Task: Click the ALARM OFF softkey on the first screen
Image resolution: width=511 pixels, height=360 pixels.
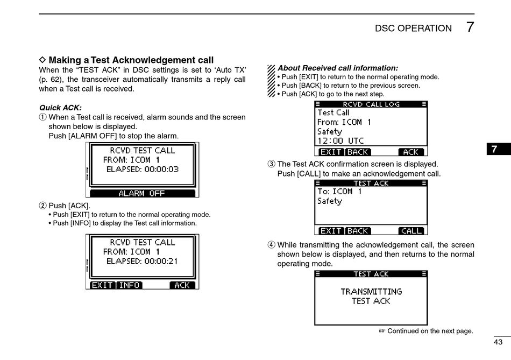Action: (x=142, y=193)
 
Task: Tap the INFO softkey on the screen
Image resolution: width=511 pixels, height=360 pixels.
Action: (x=129, y=285)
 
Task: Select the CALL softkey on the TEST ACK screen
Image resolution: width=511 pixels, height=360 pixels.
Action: (x=411, y=231)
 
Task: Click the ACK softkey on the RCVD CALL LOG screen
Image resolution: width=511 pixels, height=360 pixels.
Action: (x=411, y=152)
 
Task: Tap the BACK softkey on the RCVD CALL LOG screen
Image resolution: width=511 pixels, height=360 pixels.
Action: (x=358, y=152)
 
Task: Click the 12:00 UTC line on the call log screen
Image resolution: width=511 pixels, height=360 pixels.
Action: (x=340, y=141)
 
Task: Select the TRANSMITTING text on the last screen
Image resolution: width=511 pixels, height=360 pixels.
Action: (x=371, y=292)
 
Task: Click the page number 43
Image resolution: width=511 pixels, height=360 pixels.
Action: (x=498, y=342)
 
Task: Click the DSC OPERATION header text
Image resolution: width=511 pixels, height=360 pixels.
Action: (x=413, y=29)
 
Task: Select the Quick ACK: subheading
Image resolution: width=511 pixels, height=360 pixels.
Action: (x=60, y=108)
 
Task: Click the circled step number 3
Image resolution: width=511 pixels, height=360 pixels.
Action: (x=272, y=164)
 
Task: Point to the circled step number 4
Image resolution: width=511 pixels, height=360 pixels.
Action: (x=272, y=245)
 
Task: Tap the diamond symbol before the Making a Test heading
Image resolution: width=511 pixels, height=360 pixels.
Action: (x=43, y=60)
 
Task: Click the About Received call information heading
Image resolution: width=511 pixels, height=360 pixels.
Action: (x=338, y=68)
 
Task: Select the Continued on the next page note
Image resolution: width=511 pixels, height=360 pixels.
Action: (x=430, y=331)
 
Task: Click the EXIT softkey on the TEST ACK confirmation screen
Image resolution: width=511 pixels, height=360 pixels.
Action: (x=331, y=231)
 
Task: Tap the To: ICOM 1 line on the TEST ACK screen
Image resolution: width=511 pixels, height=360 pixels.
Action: (x=339, y=192)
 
